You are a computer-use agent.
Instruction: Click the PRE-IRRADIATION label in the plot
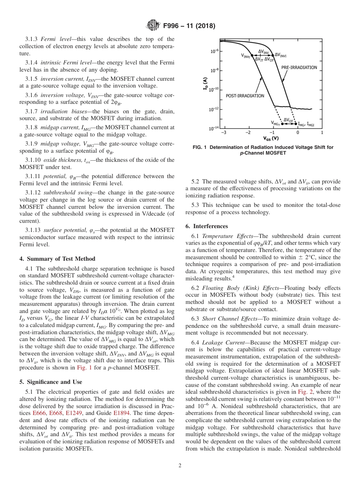299,67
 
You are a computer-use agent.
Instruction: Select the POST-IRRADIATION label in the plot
245,96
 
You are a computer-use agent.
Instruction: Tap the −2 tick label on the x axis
248,133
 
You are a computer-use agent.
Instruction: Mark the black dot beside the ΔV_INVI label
272,55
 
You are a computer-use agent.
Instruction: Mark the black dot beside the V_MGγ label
282,123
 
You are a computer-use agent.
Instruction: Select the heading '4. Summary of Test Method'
57,259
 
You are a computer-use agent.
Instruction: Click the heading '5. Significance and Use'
50,382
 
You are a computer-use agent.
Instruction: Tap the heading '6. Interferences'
207,226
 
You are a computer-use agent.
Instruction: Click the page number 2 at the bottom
180,466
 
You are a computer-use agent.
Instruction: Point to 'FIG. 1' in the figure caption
201,147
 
